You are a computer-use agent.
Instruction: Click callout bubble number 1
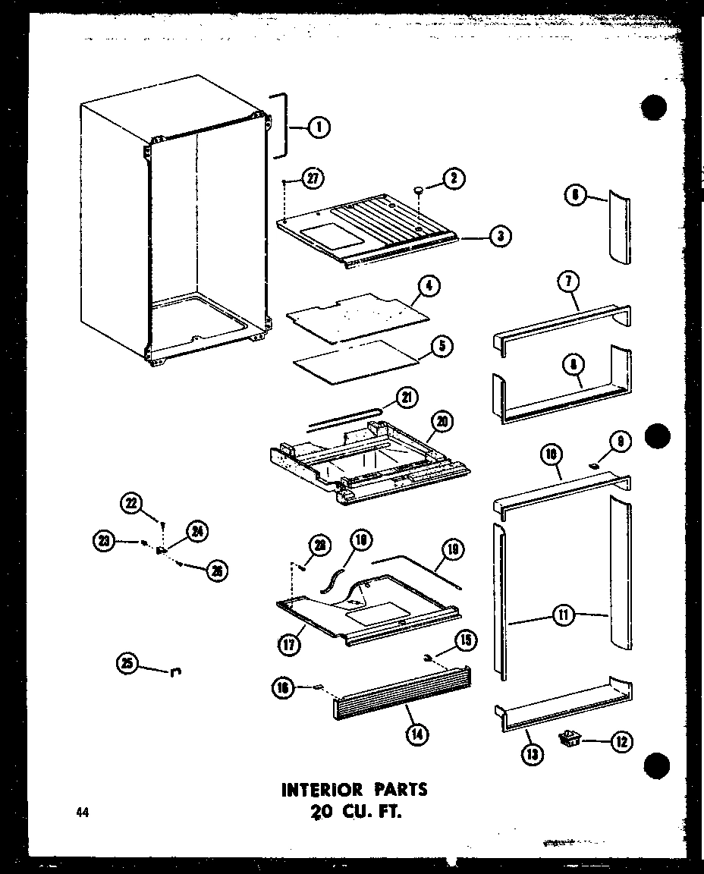pyautogui.click(x=319, y=128)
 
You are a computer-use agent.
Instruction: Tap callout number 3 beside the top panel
pyautogui.click(x=498, y=236)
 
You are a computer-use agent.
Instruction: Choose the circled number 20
pyautogui.click(x=442, y=421)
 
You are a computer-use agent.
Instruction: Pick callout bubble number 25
pyautogui.click(x=127, y=665)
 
